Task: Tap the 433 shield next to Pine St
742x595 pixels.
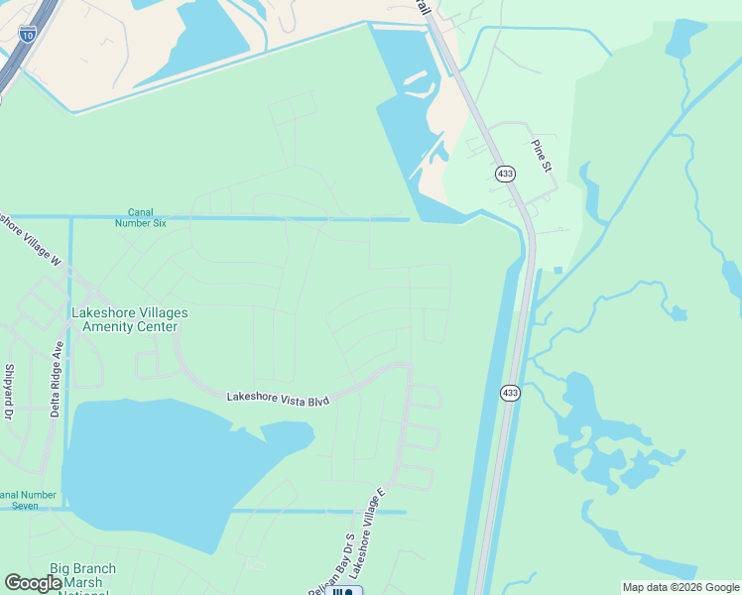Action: click(x=506, y=174)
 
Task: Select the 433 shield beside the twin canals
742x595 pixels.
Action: click(x=509, y=393)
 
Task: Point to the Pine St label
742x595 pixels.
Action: click(x=542, y=156)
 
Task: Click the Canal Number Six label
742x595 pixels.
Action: click(x=147, y=217)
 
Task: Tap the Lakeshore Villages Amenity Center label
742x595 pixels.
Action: click(x=129, y=319)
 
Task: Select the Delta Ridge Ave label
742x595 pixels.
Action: click(x=58, y=380)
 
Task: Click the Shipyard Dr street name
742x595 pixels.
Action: click(x=10, y=393)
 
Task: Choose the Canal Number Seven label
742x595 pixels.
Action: click(x=32, y=500)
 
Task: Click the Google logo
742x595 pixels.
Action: click(x=34, y=583)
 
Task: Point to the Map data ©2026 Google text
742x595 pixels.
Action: click(x=680, y=587)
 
